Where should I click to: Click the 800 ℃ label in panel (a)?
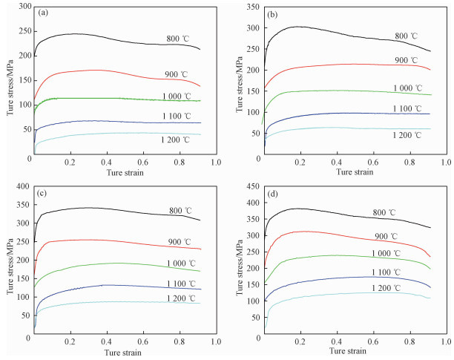point(178,39)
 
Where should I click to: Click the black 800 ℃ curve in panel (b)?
point(334,32)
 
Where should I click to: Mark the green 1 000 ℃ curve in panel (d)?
point(334,255)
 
